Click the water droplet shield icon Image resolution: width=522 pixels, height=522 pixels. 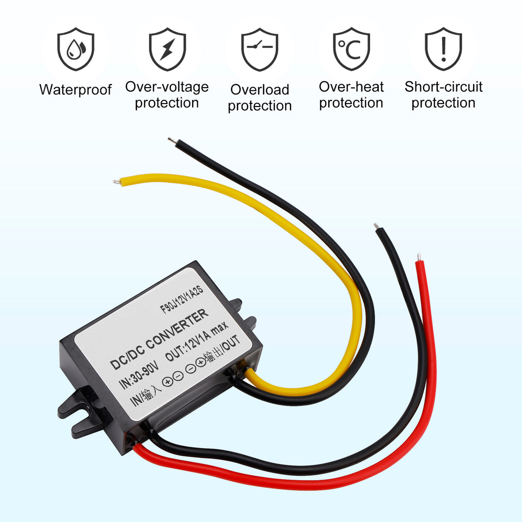76,49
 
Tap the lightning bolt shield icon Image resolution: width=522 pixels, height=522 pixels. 167,49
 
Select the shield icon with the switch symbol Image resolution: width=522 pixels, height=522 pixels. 259,49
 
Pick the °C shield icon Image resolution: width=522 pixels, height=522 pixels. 352,49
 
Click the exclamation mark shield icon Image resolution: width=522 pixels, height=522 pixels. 443,49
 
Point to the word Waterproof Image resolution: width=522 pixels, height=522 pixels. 75,90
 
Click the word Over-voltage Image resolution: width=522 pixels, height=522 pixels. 167,87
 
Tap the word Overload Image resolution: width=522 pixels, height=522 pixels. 259,90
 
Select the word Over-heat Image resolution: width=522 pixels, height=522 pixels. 351,87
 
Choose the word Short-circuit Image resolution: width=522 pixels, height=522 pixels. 443,87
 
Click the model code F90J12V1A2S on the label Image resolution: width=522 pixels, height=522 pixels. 182,300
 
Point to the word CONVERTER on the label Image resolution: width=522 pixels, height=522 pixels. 177,329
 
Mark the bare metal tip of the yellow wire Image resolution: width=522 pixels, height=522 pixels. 117,182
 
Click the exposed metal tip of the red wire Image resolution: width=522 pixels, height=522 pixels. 419,257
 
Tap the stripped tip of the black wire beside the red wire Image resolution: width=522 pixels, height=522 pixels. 377,226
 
